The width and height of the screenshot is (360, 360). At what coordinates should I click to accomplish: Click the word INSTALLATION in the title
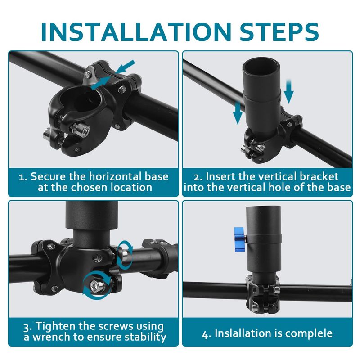point(136,31)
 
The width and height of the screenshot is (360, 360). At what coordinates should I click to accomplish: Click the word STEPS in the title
point(279,31)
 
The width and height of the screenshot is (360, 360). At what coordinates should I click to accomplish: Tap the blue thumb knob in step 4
point(239,239)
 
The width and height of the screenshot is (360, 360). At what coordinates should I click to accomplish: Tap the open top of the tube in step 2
point(262,65)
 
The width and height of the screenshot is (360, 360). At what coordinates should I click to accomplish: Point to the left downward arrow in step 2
point(238,113)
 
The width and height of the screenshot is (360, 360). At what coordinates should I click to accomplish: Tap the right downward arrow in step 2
point(289,91)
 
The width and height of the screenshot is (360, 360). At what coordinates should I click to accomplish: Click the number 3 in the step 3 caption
point(27,327)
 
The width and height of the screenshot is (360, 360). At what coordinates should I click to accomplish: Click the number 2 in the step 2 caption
point(197,177)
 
